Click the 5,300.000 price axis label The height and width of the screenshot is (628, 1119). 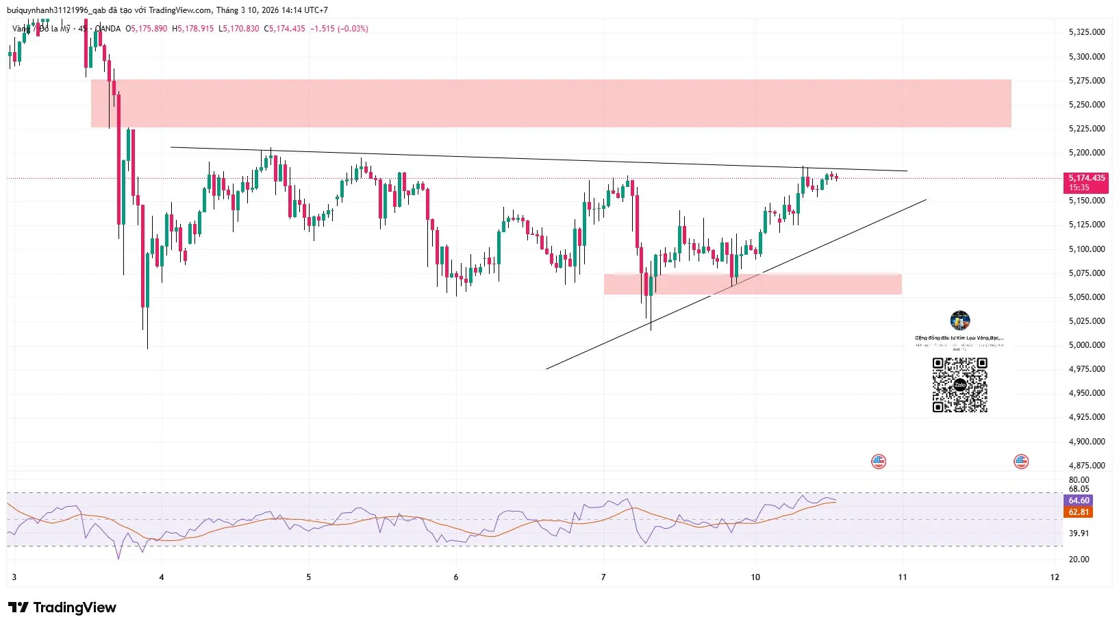(1087, 57)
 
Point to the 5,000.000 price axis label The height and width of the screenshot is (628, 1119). (1087, 345)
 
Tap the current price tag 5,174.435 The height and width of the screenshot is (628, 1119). (1087, 178)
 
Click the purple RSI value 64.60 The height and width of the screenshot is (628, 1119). (1079, 501)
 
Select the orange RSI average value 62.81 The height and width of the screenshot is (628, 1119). (1079, 512)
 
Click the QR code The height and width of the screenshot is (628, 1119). (959, 385)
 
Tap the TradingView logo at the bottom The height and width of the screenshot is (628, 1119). (62, 607)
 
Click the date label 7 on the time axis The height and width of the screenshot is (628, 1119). (603, 577)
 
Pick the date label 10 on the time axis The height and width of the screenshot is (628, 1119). (755, 577)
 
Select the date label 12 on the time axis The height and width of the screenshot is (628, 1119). (1055, 577)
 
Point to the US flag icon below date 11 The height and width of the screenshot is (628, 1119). (879, 462)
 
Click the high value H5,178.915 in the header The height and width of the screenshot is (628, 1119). (193, 29)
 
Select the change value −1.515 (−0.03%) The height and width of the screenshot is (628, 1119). (339, 29)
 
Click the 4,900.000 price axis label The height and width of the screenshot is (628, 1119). (1087, 442)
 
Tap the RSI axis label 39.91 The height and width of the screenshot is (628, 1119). (1079, 533)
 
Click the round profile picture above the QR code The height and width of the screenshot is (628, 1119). (960, 321)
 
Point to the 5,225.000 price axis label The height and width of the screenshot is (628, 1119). (1087, 129)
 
